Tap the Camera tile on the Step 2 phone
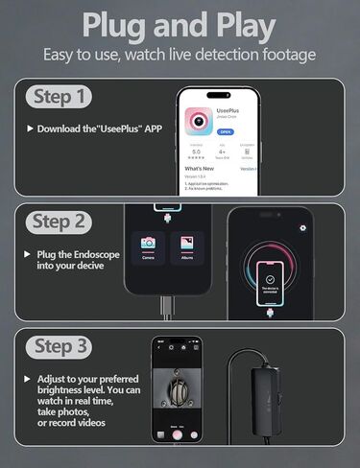point(148,248)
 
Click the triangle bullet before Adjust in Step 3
point(29,379)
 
